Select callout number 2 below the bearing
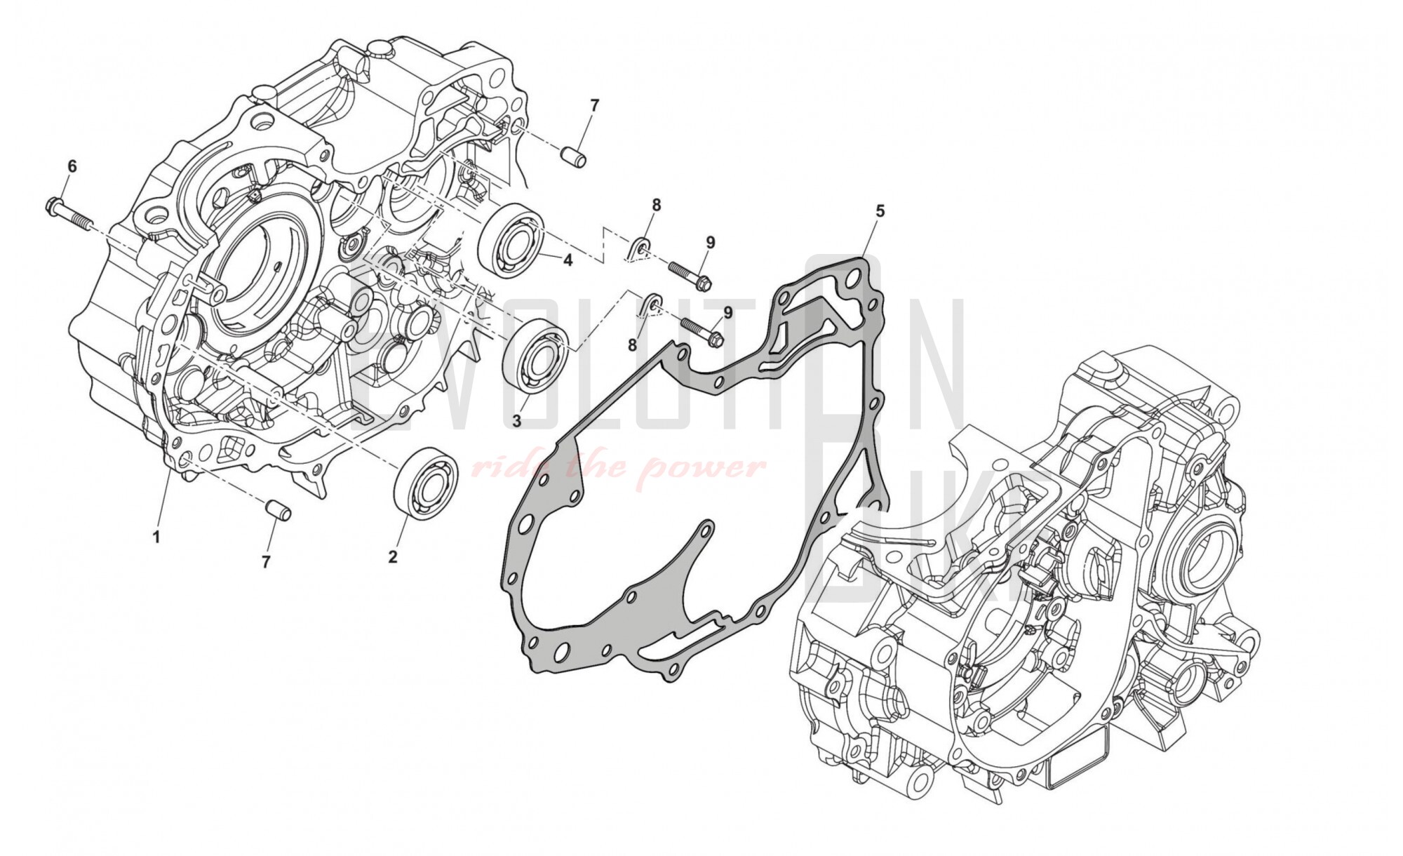click(x=393, y=557)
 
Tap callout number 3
click(x=516, y=421)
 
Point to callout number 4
click(x=568, y=260)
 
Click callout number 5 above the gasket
click(x=880, y=210)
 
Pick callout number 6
click(x=72, y=166)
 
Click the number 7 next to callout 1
click(x=266, y=562)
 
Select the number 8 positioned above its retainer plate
click(x=656, y=205)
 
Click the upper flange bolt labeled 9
click(x=689, y=275)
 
